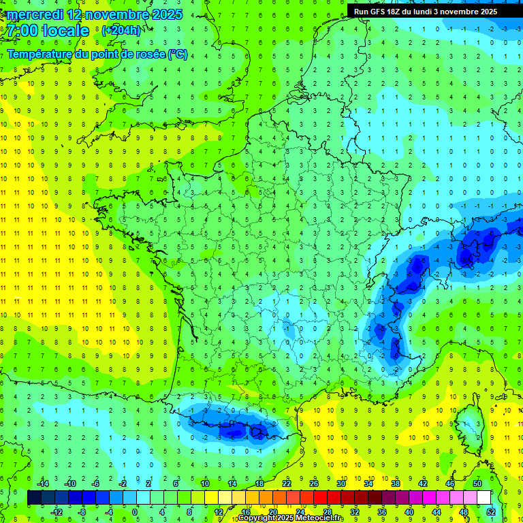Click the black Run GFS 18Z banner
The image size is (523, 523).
(425, 12)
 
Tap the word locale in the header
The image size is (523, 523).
(65, 31)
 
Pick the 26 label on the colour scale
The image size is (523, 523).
(314, 483)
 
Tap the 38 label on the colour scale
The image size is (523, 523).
(396, 483)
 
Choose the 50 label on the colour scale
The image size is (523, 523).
(477, 483)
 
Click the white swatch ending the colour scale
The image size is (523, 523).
(484, 498)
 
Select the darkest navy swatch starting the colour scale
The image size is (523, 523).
(35, 498)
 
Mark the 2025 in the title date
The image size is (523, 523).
(167, 14)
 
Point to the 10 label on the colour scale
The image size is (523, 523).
(205, 483)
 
